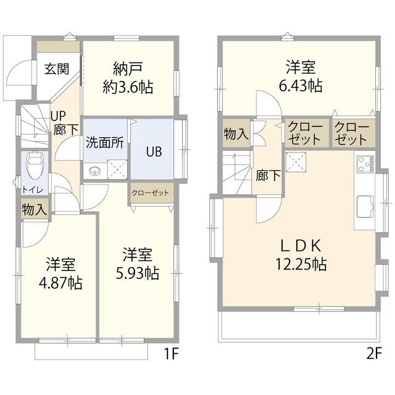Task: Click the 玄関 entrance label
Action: click(x=56, y=69)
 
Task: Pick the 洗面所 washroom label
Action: click(x=105, y=141)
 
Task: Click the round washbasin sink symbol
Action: click(x=94, y=171)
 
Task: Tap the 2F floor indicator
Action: click(x=373, y=354)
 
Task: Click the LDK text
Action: click(x=300, y=246)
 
